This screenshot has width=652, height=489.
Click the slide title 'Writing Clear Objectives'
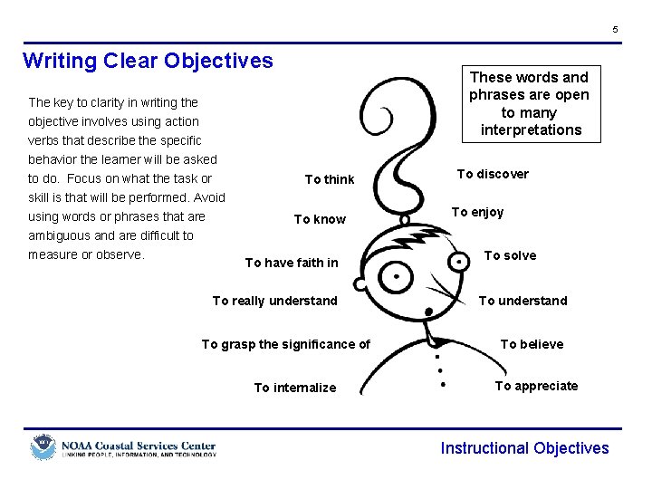coord(148,61)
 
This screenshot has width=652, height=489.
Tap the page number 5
coord(615,30)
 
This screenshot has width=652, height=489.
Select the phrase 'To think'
coord(330,179)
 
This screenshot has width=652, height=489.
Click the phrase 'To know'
coord(320,219)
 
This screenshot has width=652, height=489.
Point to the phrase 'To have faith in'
coord(292,263)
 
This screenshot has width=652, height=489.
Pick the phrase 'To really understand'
coord(274,301)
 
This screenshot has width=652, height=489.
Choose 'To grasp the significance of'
coord(285,344)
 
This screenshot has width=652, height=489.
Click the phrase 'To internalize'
coord(294,388)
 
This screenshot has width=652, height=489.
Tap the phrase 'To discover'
coord(493,174)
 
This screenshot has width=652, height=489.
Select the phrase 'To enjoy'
coord(477,212)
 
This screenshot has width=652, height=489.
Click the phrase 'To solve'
coord(510,255)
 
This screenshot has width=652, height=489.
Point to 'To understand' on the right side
coord(523,301)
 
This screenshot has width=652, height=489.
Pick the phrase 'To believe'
coord(532,344)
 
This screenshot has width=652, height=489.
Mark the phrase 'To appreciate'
coord(536,386)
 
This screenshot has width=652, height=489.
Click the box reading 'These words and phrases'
coord(530,103)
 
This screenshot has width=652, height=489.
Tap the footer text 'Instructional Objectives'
coord(524,448)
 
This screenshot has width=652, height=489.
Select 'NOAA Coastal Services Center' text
coord(139,446)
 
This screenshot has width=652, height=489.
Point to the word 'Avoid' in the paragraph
coord(208,197)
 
